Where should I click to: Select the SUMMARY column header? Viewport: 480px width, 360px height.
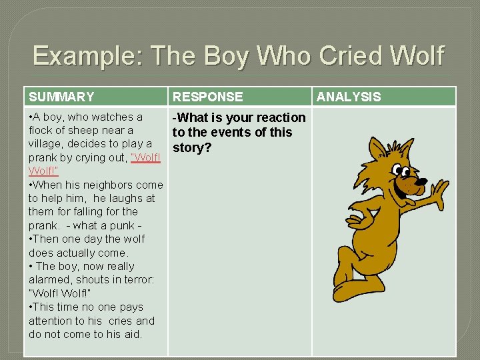coord(61,97)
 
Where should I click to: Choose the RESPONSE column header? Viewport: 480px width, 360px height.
coord(207,97)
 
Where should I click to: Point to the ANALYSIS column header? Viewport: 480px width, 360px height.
coord(349,97)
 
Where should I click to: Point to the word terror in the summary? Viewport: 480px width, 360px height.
coord(139,279)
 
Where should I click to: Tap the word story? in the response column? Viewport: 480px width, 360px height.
coord(192,147)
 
